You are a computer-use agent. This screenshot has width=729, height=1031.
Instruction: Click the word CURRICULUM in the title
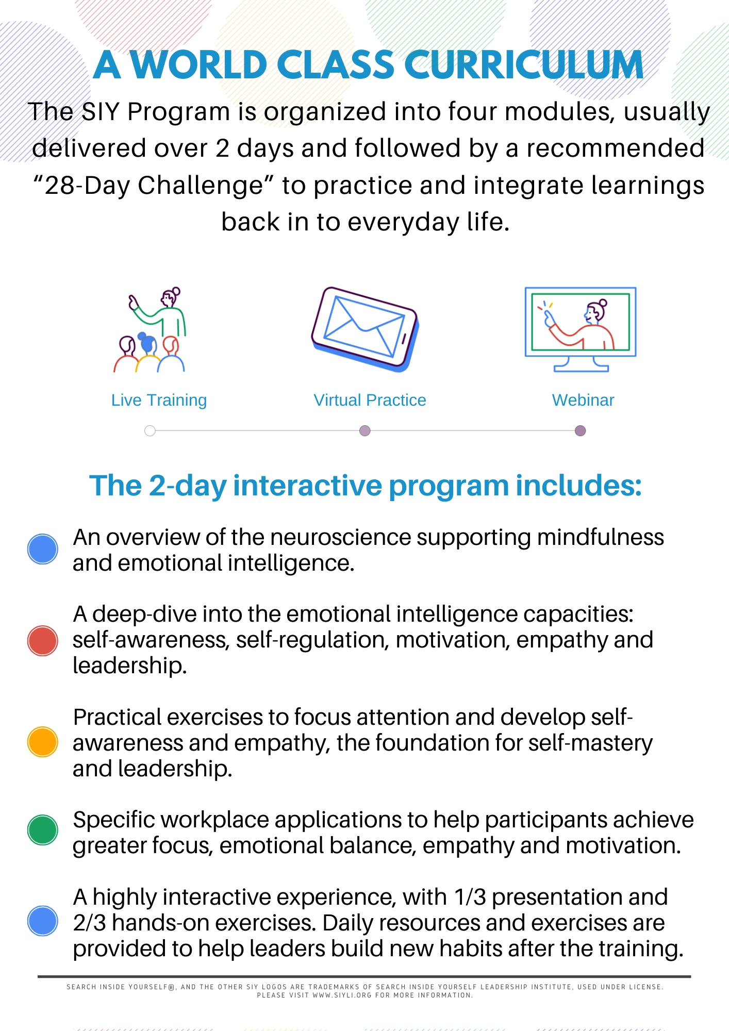point(524,65)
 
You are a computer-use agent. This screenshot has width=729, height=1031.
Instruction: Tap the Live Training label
point(159,400)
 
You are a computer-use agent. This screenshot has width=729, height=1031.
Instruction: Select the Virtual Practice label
point(370,400)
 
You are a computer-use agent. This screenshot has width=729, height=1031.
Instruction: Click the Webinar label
point(583,400)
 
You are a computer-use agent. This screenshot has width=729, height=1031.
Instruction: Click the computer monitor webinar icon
point(581,329)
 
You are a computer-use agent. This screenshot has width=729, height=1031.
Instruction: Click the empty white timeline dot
point(150,430)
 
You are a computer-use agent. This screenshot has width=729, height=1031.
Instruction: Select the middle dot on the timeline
point(364,430)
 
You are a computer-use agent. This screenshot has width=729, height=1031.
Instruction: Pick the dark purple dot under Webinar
point(580,430)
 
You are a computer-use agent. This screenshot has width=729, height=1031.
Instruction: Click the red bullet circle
point(42,640)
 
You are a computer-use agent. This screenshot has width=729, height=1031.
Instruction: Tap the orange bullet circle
point(42,742)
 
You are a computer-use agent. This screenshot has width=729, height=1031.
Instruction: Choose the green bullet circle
point(42,830)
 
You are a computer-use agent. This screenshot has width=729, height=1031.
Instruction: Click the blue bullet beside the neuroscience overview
point(42,549)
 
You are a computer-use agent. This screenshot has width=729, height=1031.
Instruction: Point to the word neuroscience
point(341,538)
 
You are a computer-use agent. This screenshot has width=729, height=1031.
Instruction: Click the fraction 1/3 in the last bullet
point(470,897)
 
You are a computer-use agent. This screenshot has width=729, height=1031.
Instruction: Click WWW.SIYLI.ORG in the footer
point(342,995)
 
